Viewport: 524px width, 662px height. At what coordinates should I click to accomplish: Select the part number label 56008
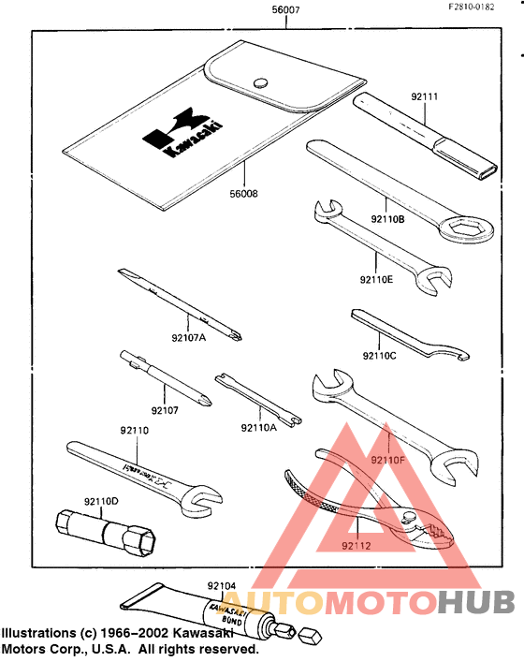(242, 194)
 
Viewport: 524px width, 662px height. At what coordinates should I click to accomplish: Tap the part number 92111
(425, 95)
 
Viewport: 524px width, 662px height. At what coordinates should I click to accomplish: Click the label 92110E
(378, 278)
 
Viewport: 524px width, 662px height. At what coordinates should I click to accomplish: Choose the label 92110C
(380, 355)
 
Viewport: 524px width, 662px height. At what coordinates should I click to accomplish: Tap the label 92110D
(103, 501)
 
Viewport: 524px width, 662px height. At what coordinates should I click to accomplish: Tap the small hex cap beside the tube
(312, 638)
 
